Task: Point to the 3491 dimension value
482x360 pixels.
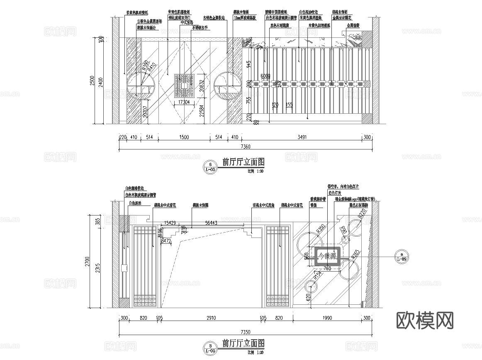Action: [302, 137]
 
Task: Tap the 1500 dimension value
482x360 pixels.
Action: [184, 137]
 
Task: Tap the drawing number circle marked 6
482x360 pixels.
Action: [210, 166]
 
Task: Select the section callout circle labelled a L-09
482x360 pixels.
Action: [401, 256]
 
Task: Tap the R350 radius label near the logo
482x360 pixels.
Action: [320, 229]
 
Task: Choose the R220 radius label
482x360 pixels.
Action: [361, 214]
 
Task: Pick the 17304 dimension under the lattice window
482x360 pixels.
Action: [184, 102]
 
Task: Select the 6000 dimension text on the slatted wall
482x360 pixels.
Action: [265, 76]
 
